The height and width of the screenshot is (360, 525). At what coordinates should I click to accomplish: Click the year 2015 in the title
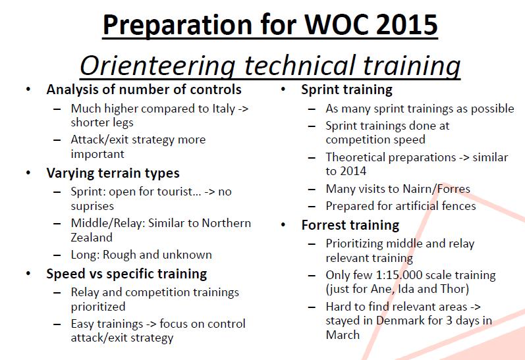pyautogui.click(x=406, y=24)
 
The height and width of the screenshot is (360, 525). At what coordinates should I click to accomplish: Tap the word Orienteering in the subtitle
pyautogui.click(x=157, y=66)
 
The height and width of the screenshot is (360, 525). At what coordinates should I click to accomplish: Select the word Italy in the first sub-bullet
pyautogui.click(x=224, y=109)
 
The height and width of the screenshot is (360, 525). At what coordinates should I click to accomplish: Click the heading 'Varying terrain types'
pyautogui.click(x=113, y=173)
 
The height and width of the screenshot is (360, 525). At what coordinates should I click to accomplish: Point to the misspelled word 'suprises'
pyautogui.click(x=92, y=206)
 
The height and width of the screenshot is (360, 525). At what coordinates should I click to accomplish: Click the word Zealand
pyautogui.click(x=92, y=237)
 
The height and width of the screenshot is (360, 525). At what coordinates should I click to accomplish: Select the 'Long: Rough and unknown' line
pyautogui.click(x=141, y=255)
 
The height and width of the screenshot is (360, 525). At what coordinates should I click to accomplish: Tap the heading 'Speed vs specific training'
pyautogui.click(x=126, y=274)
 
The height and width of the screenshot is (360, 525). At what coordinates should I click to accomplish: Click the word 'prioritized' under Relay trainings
pyautogui.click(x=98, y=307)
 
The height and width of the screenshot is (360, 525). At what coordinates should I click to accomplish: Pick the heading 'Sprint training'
pyautogui.click(x=347, y=90)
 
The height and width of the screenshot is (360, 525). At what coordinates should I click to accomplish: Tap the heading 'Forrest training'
pyautogui.click(x=350, y=225)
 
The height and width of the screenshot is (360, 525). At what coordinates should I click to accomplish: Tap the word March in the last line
pyautogui.click(x=343, y=335)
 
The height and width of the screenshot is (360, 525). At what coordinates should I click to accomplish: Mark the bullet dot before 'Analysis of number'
pyautogui.click(x=28, y=90)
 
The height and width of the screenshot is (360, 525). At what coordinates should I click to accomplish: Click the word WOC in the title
pyautogui.click(x=336, y=24)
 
